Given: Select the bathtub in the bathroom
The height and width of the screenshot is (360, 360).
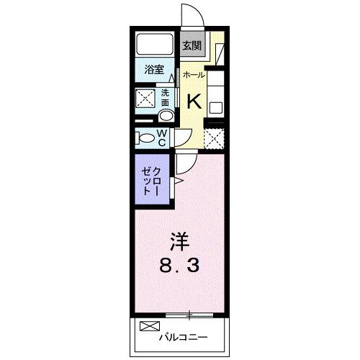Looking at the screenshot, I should (155, 45).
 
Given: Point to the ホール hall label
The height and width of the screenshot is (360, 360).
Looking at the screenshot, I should (193, 75).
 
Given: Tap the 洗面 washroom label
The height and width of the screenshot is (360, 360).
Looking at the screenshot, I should (166, 97).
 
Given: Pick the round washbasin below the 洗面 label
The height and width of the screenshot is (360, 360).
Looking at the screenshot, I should (166, 116).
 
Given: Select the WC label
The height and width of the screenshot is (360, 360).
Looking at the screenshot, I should (163, 138).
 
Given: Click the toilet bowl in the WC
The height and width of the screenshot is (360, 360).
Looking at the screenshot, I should (145, 138).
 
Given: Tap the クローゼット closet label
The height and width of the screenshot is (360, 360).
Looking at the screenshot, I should (152, 182).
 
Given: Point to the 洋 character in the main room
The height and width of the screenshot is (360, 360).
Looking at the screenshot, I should (179, 240).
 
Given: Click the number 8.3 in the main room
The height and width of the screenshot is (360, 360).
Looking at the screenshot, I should (179, 265).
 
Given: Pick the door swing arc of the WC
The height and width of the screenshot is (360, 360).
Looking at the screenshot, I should (181, 135).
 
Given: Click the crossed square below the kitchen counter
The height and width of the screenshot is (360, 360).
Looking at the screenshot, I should (214, 138).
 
